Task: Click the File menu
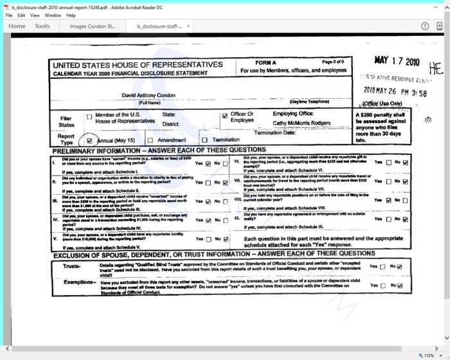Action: (9, 15)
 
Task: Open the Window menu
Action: (53, 15)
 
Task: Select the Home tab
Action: (17, 26)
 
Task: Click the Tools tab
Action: (42, 26)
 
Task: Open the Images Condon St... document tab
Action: (93, 26)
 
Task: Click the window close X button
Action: (441, 6)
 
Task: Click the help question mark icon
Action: (425, 26)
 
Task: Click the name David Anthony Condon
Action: (149, 95)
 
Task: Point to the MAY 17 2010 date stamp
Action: (396, 61)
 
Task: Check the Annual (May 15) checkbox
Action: (89, 139)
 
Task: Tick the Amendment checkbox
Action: (150, 139)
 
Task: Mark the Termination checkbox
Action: (204, 139)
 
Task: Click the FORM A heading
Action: (265, 62)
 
